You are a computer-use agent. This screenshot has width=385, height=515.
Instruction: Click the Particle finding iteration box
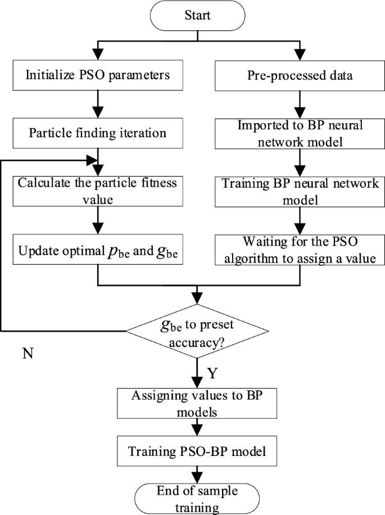[98, 133]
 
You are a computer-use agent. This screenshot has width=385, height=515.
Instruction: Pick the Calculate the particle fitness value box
[98, 191]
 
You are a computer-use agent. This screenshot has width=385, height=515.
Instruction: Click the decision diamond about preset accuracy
[197, 332]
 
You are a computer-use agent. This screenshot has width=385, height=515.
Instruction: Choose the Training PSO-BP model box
[197, 451]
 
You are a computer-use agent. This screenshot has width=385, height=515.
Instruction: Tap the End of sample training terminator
[197, 497]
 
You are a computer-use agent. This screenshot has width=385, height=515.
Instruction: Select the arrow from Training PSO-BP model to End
[197, 473]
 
